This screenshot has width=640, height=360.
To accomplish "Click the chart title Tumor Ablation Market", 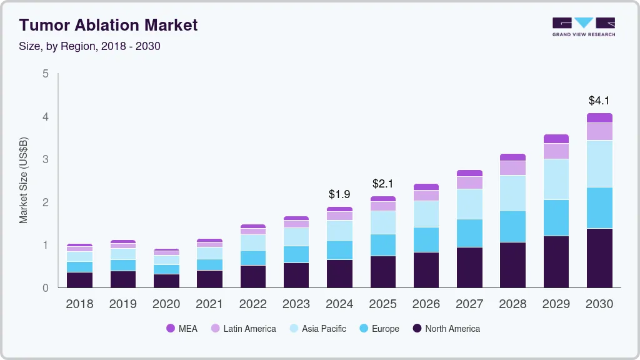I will click(108, 25).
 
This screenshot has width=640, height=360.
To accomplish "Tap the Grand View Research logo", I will click(583, 26).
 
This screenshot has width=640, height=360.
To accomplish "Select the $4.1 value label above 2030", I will click(599, 100).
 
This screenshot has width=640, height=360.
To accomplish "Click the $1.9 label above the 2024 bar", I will click(339, 194).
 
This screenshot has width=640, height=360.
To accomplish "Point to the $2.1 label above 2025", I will click(382, 184).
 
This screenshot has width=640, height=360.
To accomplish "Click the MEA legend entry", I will click(182, 328).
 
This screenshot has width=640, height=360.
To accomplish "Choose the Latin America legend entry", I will click(243, 328).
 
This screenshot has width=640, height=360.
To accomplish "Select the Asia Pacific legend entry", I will click(317, 328).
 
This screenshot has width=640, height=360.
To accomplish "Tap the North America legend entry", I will click(446, 328).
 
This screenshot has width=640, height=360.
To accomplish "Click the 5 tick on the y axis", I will click(46, 74).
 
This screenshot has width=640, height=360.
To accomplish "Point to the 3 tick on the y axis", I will click(46, 159).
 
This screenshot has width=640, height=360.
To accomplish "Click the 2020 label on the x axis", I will click(166, 304).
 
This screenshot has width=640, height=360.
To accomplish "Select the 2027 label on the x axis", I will click(469, 304).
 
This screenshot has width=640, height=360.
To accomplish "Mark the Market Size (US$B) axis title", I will click(24, 180).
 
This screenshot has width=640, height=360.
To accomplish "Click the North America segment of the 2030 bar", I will click(599, 258).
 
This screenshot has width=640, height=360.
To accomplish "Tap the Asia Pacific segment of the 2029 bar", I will click(556, 179).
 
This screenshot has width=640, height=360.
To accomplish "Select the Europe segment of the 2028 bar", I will click(512, 226).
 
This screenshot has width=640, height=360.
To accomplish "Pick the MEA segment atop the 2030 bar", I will click(599, 118).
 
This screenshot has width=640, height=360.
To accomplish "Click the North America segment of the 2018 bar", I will click(79, 279).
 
